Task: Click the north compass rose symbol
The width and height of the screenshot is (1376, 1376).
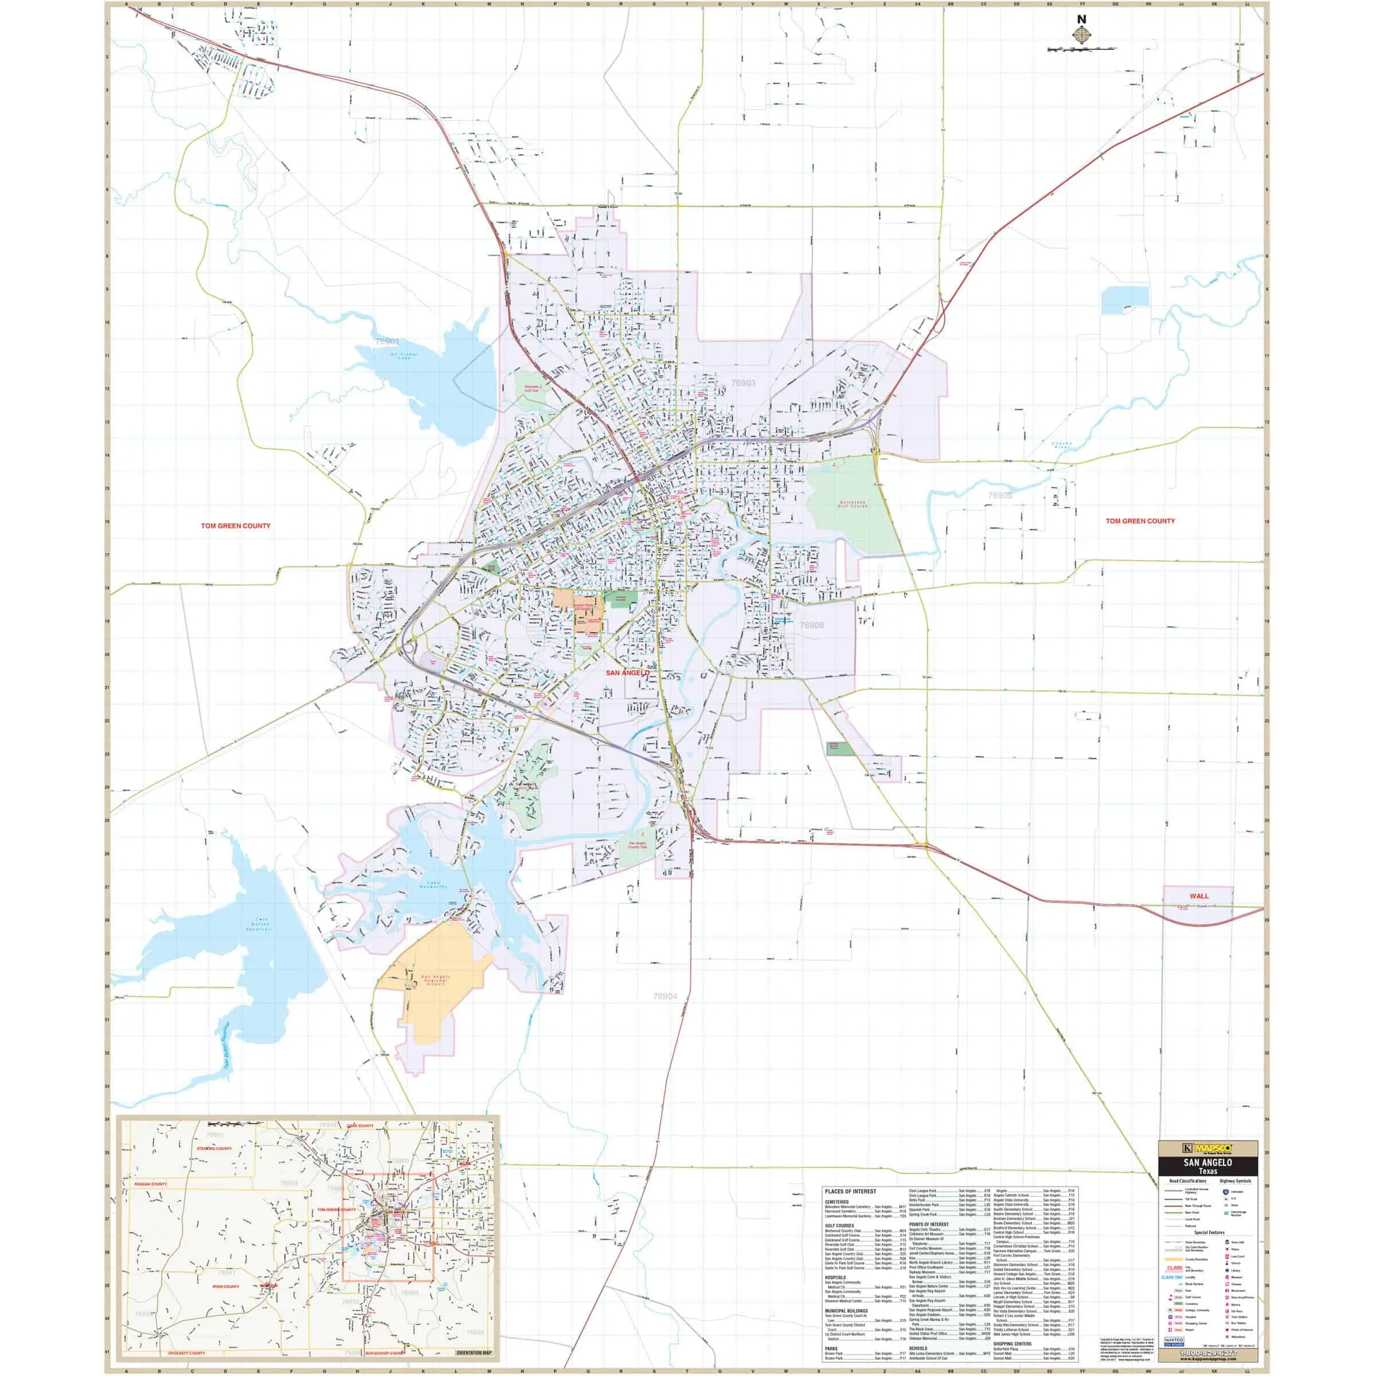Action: click(1082, 33)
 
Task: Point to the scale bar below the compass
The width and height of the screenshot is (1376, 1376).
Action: click(1082, 49)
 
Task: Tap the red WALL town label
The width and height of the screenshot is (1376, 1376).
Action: click(1199, 896)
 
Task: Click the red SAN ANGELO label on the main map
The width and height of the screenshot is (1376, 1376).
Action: click(627, 673)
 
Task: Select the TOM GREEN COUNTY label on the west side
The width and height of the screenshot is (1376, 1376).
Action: click(236, 526)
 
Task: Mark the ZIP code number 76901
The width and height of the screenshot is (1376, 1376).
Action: click(388, 341)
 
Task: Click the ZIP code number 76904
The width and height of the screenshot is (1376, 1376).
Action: click(665, 996)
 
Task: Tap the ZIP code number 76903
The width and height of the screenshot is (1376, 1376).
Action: click(743, 383)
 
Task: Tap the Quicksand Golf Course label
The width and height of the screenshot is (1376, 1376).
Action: click(852, 503)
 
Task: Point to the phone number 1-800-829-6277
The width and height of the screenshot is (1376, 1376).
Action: click(1209, 1352)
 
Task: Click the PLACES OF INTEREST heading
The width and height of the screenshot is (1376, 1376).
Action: click(850, 1191)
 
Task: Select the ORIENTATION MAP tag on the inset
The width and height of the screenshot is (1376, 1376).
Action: click(474, 1352)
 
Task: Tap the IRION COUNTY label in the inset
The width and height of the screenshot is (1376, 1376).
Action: click(226, 1286)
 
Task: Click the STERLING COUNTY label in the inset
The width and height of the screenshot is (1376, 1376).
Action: click(214, 1148)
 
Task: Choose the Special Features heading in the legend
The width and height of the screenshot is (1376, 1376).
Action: click(1209, 1232)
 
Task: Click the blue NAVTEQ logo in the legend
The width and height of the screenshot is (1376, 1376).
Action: click(1174, 1340)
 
